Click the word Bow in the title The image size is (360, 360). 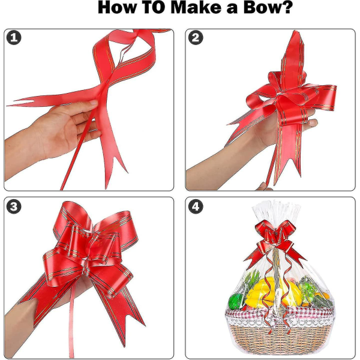[265, 7]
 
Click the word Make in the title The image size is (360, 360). [196, 7]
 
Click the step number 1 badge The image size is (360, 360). [14, 38]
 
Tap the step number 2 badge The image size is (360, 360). [196, 38]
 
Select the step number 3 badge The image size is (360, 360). [14, 206]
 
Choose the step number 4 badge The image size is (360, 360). [196, 206]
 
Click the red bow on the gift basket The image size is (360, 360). [274, 239]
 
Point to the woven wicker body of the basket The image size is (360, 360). [279, 337]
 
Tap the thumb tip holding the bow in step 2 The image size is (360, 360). [312, 123]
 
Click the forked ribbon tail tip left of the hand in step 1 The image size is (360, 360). [10, 103]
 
